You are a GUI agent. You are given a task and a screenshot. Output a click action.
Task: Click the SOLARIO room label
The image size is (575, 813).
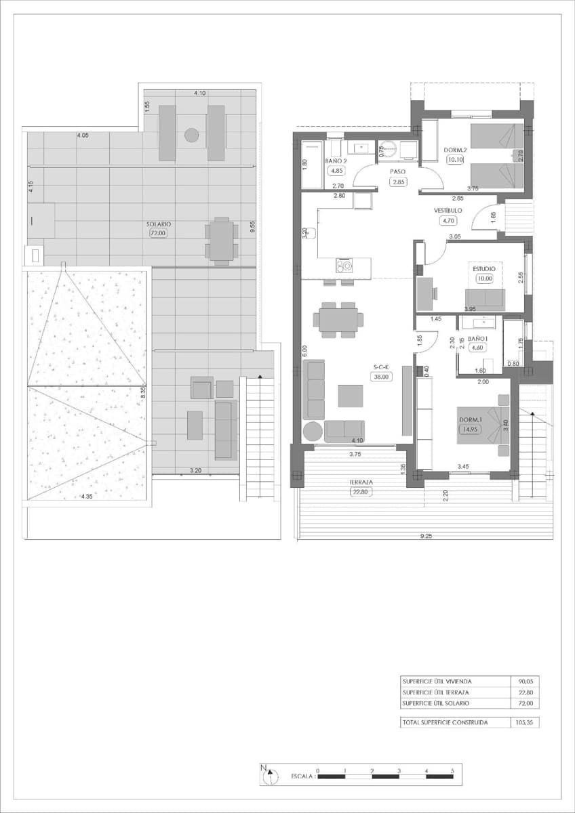[x=159, y=224]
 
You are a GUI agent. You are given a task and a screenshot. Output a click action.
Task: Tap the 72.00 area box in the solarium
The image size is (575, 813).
[x=159, y=233]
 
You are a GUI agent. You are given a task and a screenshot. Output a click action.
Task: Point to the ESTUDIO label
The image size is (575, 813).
[x=484, y=268]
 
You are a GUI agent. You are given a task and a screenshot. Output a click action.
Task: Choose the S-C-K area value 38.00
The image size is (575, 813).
[x=380, y=377]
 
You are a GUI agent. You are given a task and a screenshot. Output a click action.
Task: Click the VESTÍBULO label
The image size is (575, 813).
[x=448, y=211]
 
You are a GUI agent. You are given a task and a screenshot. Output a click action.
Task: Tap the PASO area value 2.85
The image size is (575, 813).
[x=398, y=182]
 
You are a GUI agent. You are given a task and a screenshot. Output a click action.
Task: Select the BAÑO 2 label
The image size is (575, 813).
[x=336, y=161]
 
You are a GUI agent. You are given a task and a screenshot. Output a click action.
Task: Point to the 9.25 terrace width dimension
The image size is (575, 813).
[x=426, y=536]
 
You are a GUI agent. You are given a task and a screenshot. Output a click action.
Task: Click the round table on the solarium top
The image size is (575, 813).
[x=192, y=135]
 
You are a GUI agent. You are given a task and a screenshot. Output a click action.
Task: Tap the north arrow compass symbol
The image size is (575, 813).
[x=269, y=774]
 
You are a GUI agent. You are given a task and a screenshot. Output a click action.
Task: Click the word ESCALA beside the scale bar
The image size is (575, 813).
[x=302, y=776]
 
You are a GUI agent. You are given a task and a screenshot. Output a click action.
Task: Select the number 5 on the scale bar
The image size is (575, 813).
[x=452, y=770]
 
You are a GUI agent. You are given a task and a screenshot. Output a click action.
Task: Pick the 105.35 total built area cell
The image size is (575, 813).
[x=526, y=723]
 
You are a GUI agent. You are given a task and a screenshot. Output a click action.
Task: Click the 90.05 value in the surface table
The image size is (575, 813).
[x=526, y=682]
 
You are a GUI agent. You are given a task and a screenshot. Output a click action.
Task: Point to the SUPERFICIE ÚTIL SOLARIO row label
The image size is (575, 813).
[x=435, y=704]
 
